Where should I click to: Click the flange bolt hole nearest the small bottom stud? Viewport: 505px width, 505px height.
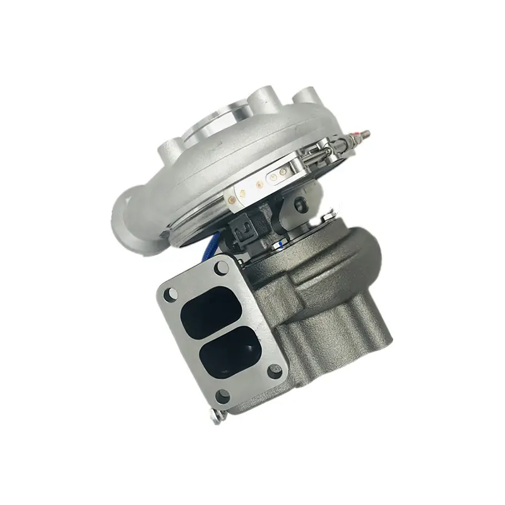pyautogui.click(x=223, y=396)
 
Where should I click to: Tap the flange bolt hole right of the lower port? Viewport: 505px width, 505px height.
pyautogui.click(x=274, y=371)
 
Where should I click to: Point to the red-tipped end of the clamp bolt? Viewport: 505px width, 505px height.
pyautogui.click(x=365, y=133)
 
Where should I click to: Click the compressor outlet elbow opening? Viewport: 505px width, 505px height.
pyautogui.click(x=124, y=215)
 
